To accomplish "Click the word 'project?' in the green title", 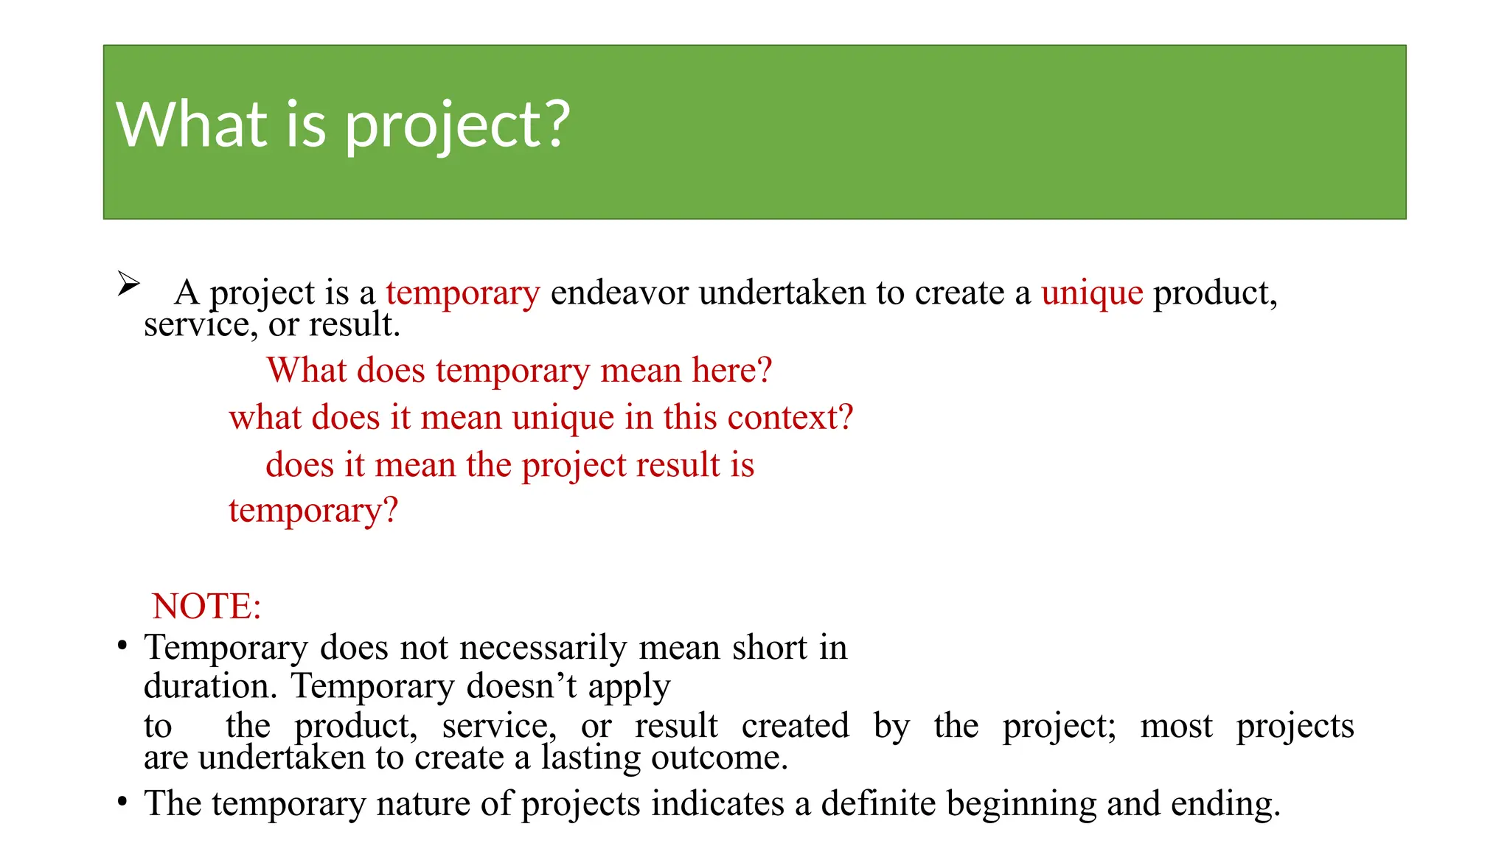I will (457, 125).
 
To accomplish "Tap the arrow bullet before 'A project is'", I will (128, 284).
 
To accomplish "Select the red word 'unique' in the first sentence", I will (1091, 293).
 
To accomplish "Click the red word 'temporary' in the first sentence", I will (462, 293).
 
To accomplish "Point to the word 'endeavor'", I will (619, 293).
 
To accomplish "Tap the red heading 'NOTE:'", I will (206, 607).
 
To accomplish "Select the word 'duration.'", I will (210, 686).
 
